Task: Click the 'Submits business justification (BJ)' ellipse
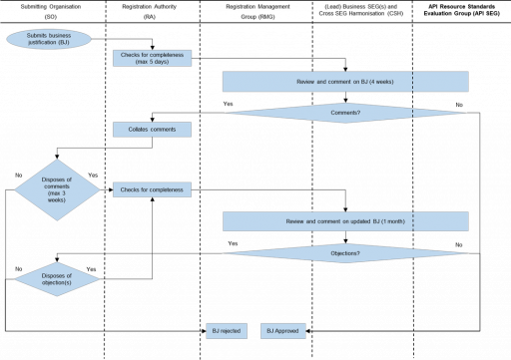tap(48, 39)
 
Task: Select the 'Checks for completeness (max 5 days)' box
tap(152, 58)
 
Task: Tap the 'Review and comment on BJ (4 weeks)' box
tap(344, 81)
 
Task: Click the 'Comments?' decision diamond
tap(345, 113)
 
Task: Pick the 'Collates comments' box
tap(152, 130)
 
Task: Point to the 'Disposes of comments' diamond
tap(57, 188)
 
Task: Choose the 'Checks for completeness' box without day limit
tap(152, 189)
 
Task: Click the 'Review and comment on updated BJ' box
tap(344, 221)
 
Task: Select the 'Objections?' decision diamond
tap(345, 253)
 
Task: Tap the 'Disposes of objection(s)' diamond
tap(57, 279)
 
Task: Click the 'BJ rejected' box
tap(226, 330)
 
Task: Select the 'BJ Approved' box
tap(283, 330)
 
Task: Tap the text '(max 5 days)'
tap(152, 62)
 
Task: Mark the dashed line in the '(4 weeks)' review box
tap(412, 81)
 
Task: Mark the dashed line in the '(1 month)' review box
tap(412, 221)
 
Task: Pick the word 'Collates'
tap(138, 130)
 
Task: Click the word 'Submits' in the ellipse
tap(38, 35)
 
